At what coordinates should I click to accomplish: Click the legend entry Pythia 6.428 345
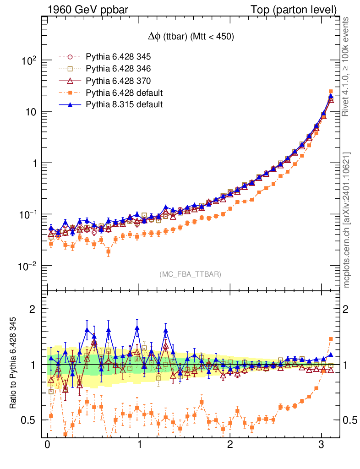click(118, 57)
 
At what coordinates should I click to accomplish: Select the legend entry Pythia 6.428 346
click(118, 69)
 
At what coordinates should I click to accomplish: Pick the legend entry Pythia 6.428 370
click(118, 81)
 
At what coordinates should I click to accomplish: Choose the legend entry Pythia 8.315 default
click(124, 104)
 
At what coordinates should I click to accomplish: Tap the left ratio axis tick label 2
click(33, 309)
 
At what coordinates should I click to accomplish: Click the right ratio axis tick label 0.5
click(349, 420)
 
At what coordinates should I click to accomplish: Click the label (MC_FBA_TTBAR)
click(191, 274)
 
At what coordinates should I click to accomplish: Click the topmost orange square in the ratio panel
click(331, 339)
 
